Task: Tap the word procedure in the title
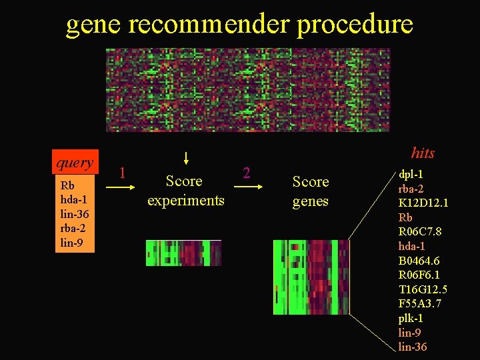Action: (x=355, y=25)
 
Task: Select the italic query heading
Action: (x=75, y=163)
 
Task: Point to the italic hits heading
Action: (x=423, y=153)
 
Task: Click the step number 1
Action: (x=122, y=173)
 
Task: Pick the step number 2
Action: (x=246, y=173)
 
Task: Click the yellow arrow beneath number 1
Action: (x=120, y=189)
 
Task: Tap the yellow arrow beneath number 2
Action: (x=247, y=189)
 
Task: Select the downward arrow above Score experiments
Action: (x=186, y=158)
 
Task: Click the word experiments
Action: (x=185, y=200)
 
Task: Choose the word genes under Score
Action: (x=311, y=201)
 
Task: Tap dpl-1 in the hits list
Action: (x=411, y=174)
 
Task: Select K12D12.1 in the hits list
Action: (x=423, y=203)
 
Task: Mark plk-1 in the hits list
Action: (x=411, y=318)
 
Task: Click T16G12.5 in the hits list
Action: (x=423, y=289)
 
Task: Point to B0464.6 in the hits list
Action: (x=419, y=261)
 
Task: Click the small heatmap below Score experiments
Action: (x=183, y=253)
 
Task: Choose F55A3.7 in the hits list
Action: (x=419, y=304)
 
